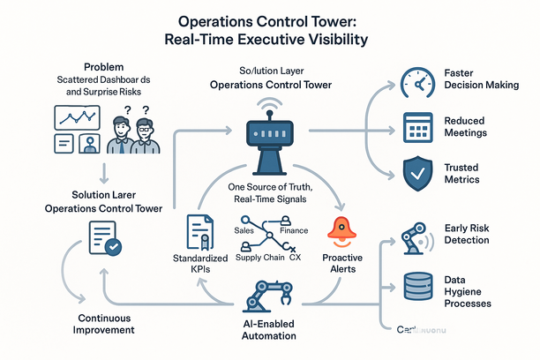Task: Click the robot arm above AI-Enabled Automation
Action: pos(270,296)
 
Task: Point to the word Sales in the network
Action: pos(245,229)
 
